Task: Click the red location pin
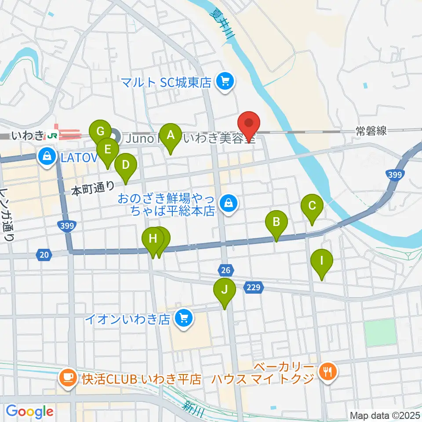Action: [x=249, y=125]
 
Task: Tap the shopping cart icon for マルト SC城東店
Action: [x=226, y=81]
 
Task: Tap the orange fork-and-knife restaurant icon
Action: [x=327, y=372]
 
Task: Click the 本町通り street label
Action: [x=93, y=190]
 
